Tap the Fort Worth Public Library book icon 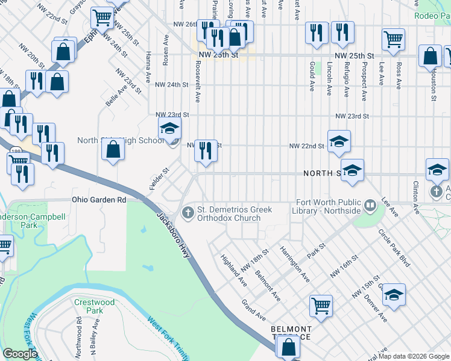[370, 206]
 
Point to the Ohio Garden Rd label [99, 199]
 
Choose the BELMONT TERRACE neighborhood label [291, 333]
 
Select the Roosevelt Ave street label [197, 83]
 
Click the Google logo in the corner [20, 354]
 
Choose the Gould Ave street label [312, 76]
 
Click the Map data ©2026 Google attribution [413, 356]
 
